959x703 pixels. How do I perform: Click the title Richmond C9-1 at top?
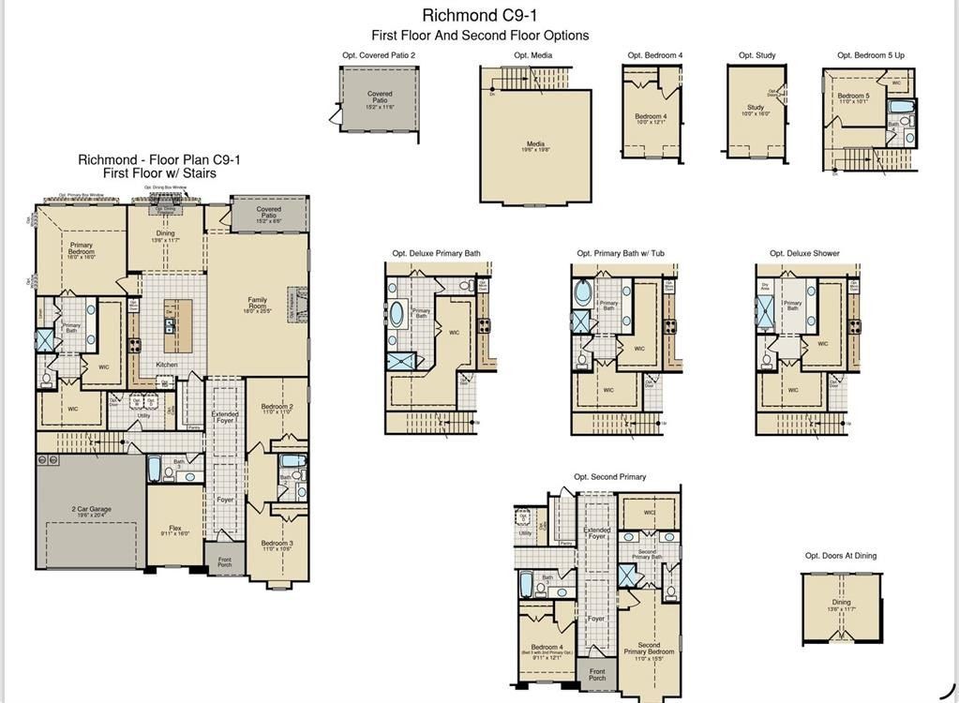(479, 15)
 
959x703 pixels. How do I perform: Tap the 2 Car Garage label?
(92, 511)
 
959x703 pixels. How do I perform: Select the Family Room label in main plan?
(257, 303)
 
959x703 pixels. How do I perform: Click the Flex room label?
(175, 530)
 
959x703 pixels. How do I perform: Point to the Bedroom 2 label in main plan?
(277, 409)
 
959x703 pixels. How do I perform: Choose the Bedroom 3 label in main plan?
(277, 546)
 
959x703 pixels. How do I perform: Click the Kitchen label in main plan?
(166, 365)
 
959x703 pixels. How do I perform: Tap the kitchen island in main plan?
(177, 318)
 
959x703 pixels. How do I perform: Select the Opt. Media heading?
(532, 55)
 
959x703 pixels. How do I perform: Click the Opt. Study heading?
(757, 55)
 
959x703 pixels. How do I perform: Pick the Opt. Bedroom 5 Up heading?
(871, 55)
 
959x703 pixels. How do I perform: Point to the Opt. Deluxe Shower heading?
(804, 253)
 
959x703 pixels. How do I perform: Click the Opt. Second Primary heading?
(609, 477)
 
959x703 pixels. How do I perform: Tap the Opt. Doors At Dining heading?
(841, 556)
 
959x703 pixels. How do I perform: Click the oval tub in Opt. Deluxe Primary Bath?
(397, 312)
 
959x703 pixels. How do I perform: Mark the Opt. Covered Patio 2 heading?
(379, 55)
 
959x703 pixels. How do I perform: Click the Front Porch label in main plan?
(225, 562)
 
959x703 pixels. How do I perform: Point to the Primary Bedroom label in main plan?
(82, 248)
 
